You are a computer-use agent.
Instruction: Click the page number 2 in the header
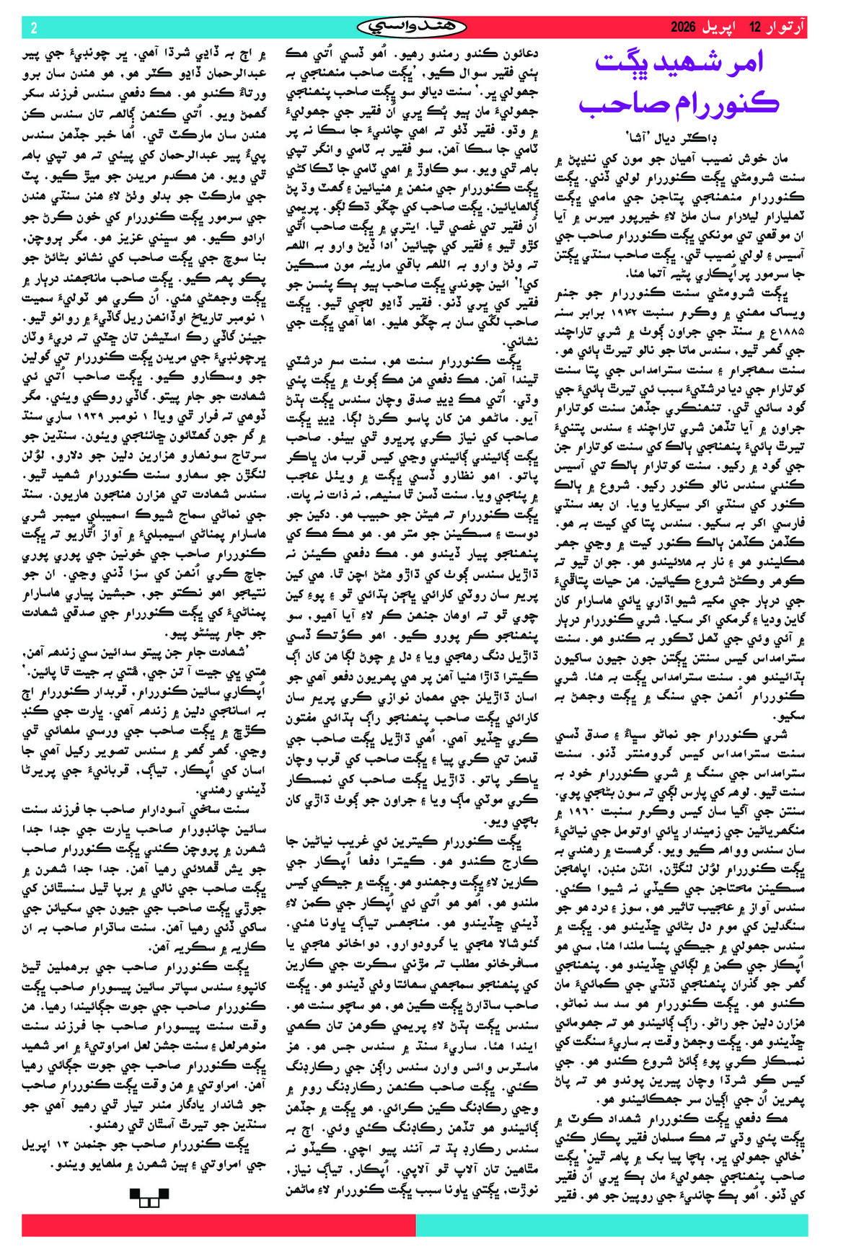[x=34, y=28]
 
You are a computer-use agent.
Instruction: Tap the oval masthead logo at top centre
[x=412, y=27]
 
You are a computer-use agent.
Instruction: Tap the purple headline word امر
[x=748, y=63]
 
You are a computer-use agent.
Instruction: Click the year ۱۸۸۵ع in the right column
[x=788, y=330]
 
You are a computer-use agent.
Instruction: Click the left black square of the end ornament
[x=136, y=1194]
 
